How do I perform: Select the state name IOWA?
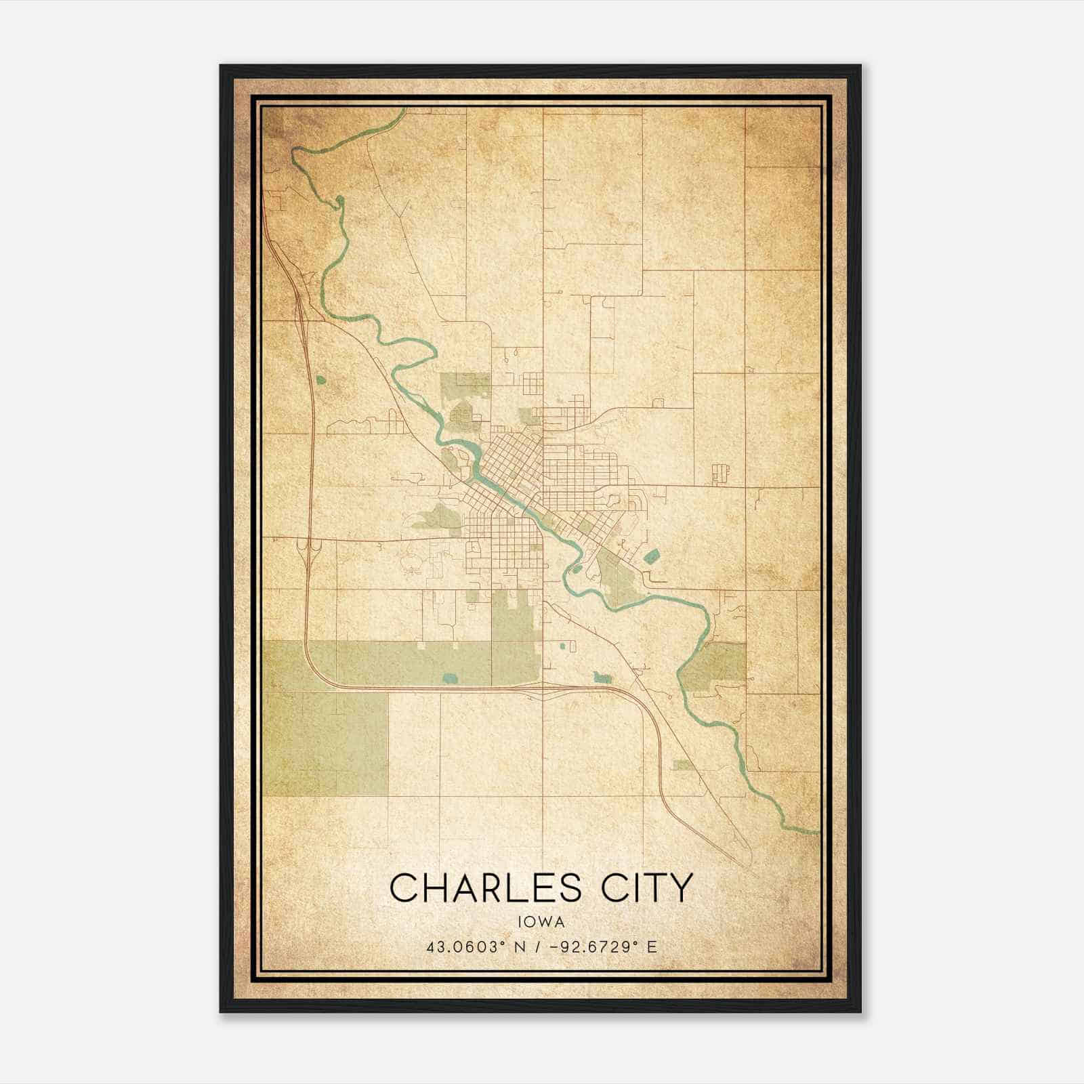tap(541, 921)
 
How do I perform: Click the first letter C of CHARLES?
tap(404, 887)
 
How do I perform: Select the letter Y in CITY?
tap(682, 887)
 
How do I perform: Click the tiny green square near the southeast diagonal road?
tap(683, 765)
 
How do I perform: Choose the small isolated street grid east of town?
tap(720, 474)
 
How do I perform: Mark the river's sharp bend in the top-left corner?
tap(296, 154)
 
